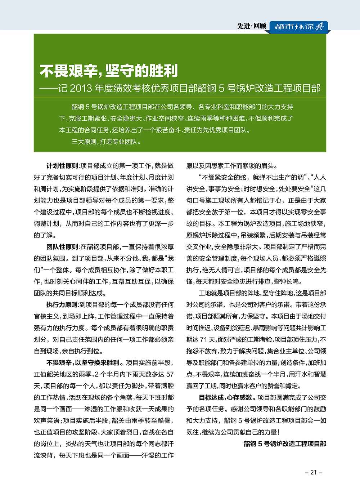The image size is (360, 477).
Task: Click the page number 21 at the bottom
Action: (313, 472)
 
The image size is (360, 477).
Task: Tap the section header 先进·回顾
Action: (252, 26)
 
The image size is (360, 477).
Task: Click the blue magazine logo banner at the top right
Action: (299, 27)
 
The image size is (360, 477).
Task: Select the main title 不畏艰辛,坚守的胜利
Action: (109, 71)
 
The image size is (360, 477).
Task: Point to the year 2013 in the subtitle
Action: (81, 88)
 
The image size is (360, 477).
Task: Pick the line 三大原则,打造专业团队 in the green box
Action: (105, 142)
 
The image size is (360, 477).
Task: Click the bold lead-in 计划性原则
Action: (62, 166)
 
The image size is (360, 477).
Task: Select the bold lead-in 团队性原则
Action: (62, 247)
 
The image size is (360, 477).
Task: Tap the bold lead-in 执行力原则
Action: (62, 305)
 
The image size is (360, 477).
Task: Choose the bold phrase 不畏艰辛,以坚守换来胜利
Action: (84, 363)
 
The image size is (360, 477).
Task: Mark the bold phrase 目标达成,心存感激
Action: (227, 397)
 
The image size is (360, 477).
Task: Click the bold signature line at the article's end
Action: (285, 444)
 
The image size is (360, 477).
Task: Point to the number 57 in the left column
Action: (170, 374)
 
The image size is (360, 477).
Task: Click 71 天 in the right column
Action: (208, 339)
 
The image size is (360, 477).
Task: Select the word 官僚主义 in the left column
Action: (46, 316)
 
